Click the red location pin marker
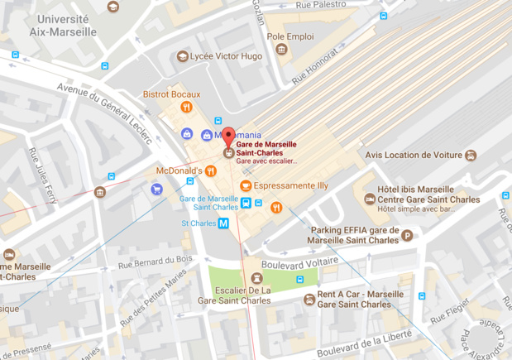tap(228, 138)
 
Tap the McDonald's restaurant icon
tap(211, 170)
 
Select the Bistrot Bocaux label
tap(172, 94)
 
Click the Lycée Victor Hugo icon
tap(183, 56)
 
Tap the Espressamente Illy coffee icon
tap(245, 185)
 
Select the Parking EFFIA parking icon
tap(406, 236)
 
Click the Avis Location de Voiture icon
tap(471, 154)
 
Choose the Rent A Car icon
tap(309, 299)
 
